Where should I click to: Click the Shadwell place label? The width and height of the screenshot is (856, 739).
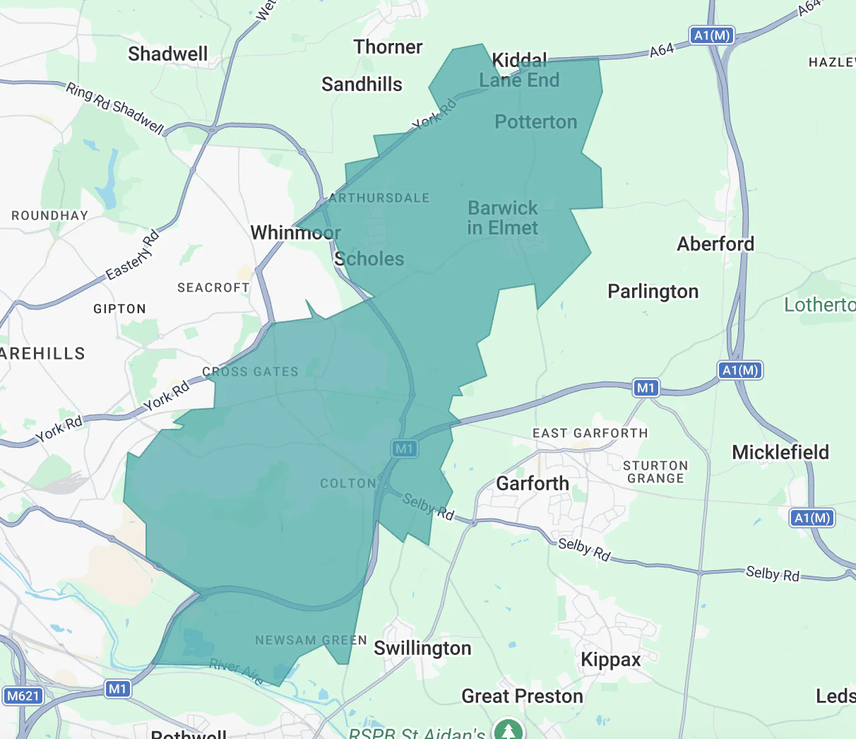point(168,54)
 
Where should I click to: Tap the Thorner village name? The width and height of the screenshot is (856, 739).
point(388,47)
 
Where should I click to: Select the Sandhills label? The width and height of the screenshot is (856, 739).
point(362,85)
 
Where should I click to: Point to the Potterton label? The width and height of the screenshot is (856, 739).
point(536,122)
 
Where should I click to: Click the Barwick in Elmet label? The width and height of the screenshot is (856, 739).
point(503,218)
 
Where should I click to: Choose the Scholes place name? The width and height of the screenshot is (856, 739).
point(369,259)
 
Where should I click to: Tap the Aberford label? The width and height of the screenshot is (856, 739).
point(715,244)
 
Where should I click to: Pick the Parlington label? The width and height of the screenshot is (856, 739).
point(653,292)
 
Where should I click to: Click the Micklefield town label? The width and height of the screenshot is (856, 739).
point(780,453)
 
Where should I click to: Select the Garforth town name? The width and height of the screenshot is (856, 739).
point(533,484)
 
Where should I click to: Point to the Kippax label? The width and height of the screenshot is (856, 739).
point(610,660)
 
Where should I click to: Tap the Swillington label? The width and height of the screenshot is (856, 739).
point(422,649)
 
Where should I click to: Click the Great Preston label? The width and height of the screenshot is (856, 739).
point(522,697)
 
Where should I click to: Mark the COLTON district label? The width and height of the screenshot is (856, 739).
point(348,484)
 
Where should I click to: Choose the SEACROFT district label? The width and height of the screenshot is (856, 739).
point(213,288)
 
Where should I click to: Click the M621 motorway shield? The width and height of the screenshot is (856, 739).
point(23,696)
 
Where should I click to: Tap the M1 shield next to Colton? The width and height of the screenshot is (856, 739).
point(404,449)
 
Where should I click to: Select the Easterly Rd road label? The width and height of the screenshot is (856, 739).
point(133,255)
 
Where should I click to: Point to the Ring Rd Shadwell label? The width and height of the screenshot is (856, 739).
point(115,108)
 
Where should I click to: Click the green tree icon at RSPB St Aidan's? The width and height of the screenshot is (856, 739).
point(507,730)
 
